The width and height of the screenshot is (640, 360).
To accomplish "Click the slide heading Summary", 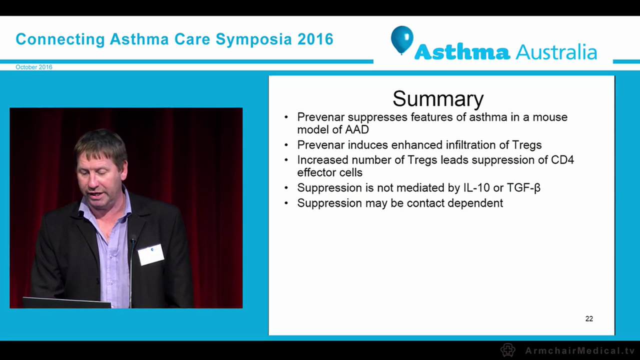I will click(x=438, y=98).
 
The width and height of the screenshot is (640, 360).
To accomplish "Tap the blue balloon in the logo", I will click(x=402, y=39).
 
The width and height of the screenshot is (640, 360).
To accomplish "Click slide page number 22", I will click(x=589, y=318).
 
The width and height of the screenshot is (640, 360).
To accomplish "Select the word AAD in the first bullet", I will click(x=357, y=129).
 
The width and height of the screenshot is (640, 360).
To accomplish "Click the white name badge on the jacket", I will click(x=151, y=254).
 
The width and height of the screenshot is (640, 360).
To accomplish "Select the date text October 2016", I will click(x=34, y=67).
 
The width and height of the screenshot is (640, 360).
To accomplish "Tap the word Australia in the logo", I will click(x=556, y=51).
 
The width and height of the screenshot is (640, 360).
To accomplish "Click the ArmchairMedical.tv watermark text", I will click(x=579, y=350).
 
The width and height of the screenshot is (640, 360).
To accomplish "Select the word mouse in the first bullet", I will click(x=549, y=117).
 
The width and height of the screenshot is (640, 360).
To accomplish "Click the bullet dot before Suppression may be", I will click(x=286, y=203).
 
